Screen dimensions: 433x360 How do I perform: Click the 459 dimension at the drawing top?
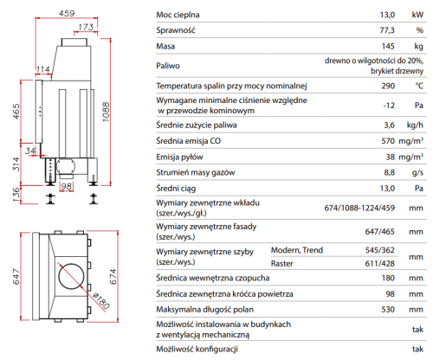pyautogui.click(x=67, y=13)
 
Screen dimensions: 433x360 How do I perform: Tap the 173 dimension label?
pyautogui.click(x=86, y=27)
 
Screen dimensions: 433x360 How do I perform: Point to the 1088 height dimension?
pyautogui.click(x=107, y=112)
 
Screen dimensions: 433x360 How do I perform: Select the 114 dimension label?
pyautogui.click(x=43, y=69)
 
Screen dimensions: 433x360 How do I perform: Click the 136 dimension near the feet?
pyautogui.click(x=16, y=195)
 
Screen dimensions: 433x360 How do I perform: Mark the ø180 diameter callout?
pyautogui.click(x=101, y=301)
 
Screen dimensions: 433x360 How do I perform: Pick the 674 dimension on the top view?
pyautogui.click(x=113, y=277)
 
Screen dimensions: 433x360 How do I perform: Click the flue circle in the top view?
pyautogui.click(x=71, y=276)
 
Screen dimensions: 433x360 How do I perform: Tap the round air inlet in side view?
pyautogui.click(x=66, y=166)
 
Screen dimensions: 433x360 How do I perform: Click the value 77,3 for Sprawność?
pyautogui.click(x=387, y=30)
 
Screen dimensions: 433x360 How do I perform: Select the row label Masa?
pyautogui.click(x=165, y=46)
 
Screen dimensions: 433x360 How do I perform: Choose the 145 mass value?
pyautogui.click(x=388, y=46)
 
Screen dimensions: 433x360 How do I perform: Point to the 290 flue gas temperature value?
pyautogui.click(x=388, y=86)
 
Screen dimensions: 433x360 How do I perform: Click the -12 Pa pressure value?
pyautogui.click(x=389, y=106)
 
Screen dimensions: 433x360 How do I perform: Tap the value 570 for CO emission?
pyautogui.click(x=388, y=141)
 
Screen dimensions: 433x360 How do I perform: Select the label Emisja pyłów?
pyautogui.click(x=179, y=157)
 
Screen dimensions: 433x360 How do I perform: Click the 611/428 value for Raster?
pyautogui.click(x=379, y=263)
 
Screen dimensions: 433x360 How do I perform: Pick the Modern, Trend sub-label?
pyautogui.click(x=297, y=250)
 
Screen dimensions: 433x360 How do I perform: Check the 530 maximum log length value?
pyautogui.click(x=388, y=310)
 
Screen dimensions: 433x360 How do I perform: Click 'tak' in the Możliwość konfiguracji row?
pyautogui.click(x=417, y=349)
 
